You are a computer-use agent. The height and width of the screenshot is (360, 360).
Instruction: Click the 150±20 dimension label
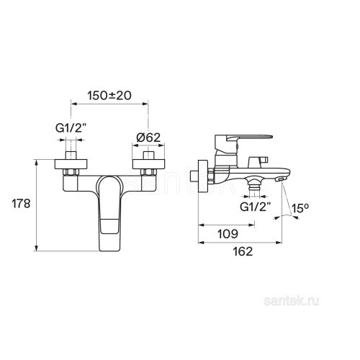coord(109,96)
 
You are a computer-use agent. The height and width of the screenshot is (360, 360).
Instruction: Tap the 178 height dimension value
coord(21,204)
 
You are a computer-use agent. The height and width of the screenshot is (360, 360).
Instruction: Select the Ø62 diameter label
coord(148,138)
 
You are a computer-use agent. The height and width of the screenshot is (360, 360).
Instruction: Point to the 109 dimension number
coord(228,234)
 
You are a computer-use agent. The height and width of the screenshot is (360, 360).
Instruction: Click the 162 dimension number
coord(243,251)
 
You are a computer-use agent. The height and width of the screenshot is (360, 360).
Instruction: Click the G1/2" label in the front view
coord(71,129)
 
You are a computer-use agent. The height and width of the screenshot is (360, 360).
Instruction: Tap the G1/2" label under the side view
coord(256,207)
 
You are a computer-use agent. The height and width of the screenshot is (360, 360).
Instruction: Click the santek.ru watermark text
coord(292,301)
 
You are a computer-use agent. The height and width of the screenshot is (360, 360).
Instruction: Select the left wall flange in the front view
coord(71,164)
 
